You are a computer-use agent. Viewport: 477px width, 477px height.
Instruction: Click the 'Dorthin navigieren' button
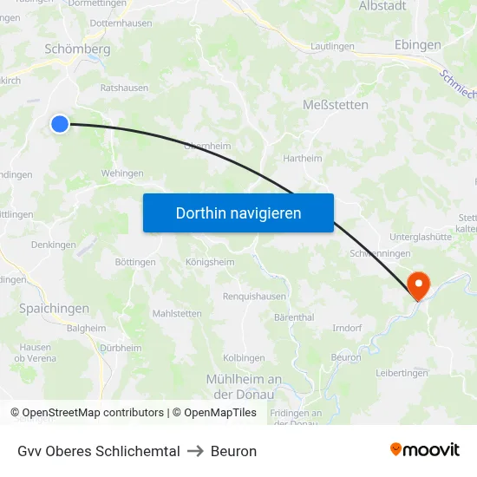pyautogui.click(x=238, y=213)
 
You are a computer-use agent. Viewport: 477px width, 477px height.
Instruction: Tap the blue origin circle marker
pyautogui.click(x=60, y=124)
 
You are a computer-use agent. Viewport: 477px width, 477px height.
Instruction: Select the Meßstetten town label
pyautogui.click(x=336, y=105)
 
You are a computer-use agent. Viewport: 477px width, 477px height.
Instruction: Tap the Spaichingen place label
pyautogui.click(x=54, y=308)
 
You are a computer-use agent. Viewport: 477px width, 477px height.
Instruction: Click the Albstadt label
pyautogui.click(x=382, y=6)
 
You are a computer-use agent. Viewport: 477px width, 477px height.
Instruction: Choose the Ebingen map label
pyautogui.click(x=417, y=45)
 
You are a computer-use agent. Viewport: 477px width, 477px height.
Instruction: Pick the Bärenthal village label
pyautogui.click(x=294, y=317)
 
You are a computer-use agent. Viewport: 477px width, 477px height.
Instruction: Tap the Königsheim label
pyautogui.click(x=210, y=262)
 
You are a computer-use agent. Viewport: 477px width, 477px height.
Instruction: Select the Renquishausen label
pyautogui.click(x=254, y=296)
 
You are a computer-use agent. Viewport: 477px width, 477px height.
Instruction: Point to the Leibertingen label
pyautogui.click(x=402, y=373)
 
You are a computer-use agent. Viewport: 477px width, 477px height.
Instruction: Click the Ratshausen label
pyautogui.click(x=124, y=88)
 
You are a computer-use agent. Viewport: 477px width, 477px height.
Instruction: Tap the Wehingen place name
pyautogui.click(x=122, y=173)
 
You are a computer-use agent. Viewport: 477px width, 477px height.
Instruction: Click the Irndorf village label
pyautogui.click(x=347, y=328)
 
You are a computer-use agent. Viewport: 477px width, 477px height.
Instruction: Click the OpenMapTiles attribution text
pyautogui.click(x=220, y=413)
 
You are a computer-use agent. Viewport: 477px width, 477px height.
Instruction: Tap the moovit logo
pyautogui.click(x=424, y=450)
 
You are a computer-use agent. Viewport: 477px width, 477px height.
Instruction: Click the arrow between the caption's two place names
pyautogui.click(x=195, y=451)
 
